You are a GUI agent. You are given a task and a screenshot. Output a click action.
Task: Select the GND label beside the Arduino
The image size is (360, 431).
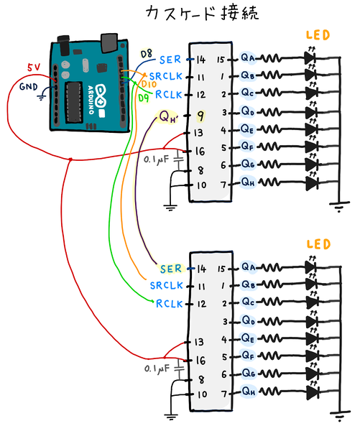28,87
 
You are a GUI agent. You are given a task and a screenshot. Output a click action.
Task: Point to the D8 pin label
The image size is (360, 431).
147,55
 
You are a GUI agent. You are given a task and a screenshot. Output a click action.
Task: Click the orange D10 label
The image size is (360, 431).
149,84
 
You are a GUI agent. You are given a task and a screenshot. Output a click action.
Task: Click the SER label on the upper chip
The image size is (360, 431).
172,59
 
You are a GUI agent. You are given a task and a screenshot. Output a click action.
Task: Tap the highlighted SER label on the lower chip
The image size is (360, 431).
172,269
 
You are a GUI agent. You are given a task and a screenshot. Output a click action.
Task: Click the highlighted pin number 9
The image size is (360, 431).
200,114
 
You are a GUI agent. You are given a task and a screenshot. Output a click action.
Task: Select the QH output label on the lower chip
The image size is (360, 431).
249,392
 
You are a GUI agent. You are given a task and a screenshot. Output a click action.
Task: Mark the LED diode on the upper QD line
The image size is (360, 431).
311,111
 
